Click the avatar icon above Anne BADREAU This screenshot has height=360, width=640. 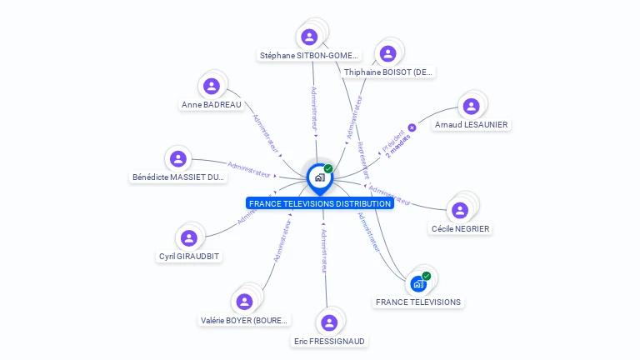coord(212,86)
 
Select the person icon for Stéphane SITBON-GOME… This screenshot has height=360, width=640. coord(309,37)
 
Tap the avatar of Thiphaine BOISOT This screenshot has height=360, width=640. coord(387,53)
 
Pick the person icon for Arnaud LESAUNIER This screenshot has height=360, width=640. coord(471,106)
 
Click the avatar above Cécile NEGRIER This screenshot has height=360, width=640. coord(459,210)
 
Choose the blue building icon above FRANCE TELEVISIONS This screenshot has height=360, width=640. coord(418,284)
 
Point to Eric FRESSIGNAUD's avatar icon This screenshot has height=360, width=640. coord(329,322)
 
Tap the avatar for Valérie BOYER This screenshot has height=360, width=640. coord(244,301)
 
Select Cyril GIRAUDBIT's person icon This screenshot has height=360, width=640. coord(189,237)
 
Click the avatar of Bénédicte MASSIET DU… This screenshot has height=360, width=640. coord(178,158)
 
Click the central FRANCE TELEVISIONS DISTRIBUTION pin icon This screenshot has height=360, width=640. coord(319,177)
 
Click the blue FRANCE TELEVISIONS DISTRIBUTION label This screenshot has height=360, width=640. coord(320,203)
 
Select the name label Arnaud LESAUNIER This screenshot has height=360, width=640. coord(471,125)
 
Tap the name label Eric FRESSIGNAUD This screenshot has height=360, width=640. coord(329,341)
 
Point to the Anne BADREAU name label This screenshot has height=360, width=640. coord(212,105)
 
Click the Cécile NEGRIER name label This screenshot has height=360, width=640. coord(460,229)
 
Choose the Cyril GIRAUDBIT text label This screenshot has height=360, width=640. coord(189,257)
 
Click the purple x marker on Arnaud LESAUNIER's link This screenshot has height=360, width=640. coord(412,127)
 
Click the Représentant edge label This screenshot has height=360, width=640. coord(363,159)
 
